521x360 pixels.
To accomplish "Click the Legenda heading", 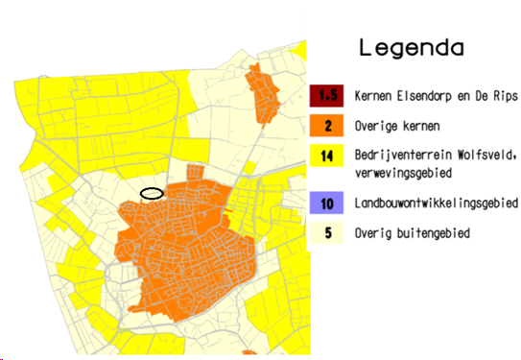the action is pos(411,47).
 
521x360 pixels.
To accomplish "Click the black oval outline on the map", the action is pos(152,193).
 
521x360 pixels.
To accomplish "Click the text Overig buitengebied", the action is pos(413,232).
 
